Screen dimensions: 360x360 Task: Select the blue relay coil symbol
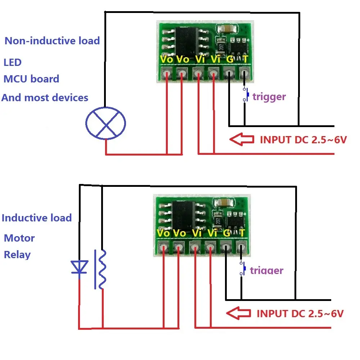pyautogui.click(x=101, y=269)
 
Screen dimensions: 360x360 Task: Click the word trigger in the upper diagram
pyautogui.click(x=269, y=96)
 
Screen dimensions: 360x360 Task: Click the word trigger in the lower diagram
pyautogui.click(x=266, y=270)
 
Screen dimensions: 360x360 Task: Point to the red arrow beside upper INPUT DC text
pyautogui.click(x=242, y=139)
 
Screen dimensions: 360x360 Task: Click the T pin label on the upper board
pyautogui.click(x=245, y=59)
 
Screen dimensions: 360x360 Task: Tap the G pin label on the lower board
pyautogui.click(x=227, y=233)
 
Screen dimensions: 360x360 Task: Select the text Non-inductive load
pyautogui.click(x=52, y=41)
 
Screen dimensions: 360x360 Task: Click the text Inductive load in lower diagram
pyautogui.click(x=37, y=218)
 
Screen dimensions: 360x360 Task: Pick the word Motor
pyautogui.click(x=19, y=238)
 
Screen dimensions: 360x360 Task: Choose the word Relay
pyautogui.click(x=17, y=255)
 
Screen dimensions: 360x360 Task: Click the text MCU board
pyautogui.click(x=31, y=79)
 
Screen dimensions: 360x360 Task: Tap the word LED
pyautogui.click(x=13, y=62)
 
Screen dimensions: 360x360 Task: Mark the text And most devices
pyautogui.click(x=45, y=98)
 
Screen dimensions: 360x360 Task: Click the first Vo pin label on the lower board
pyautogui.click(x=163, y=233)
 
